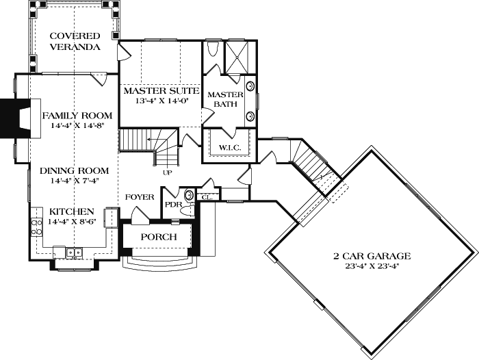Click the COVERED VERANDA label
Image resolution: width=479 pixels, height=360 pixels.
click(x=75, y=41)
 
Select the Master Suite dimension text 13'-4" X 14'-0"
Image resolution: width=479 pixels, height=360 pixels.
click(x=160, y=100)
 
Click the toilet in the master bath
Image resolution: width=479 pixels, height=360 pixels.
click(x=212, y=51)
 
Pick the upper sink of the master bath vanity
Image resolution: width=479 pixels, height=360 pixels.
click(x=250, y=87)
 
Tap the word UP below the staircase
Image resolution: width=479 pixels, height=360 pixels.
click(x=166, y=172)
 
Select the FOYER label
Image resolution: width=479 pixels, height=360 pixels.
click(x=140, y=197)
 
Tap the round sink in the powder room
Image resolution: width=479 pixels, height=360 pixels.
click(x=190, y=195)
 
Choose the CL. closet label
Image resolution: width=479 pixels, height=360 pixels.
click(x=207, y=196)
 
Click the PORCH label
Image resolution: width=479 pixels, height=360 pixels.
click(x=159, y=237)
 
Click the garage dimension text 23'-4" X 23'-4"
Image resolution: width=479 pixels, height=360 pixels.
click(x=372, y=267)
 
